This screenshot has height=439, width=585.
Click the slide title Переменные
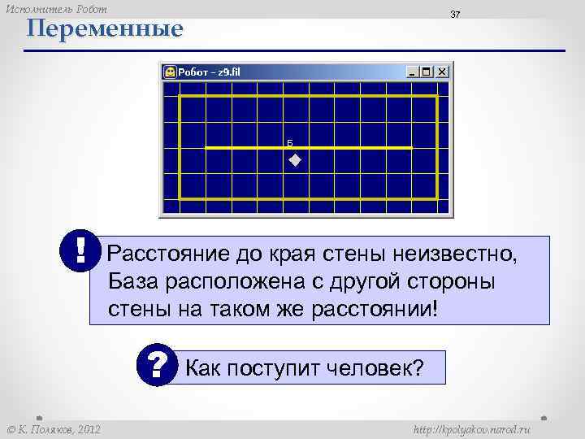coord(104,30)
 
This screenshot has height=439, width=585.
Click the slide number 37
coord(456,16)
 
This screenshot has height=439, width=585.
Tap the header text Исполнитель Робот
coord(56,8)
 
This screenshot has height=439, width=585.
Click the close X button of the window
coord(442,72)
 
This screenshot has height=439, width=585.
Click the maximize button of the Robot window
coord(428,72)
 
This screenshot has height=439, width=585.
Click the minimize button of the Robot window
coord(414,72)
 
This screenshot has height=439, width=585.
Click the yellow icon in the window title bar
coord(170,72)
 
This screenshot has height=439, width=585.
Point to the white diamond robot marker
coord(294,160)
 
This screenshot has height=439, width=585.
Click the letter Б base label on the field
coord(290,141)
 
